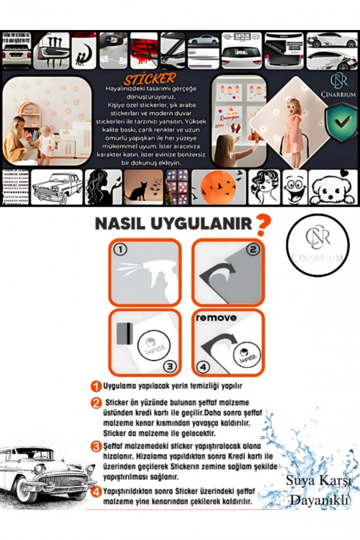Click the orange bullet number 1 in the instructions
(95, 387)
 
